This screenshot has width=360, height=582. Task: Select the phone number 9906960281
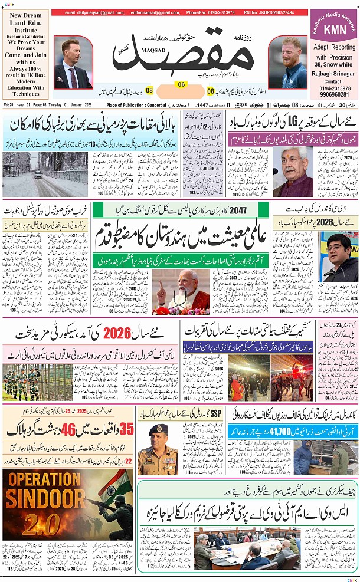[334, 94]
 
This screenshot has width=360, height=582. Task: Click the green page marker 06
[181, 84]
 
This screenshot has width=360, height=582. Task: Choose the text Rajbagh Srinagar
[334, 73]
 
